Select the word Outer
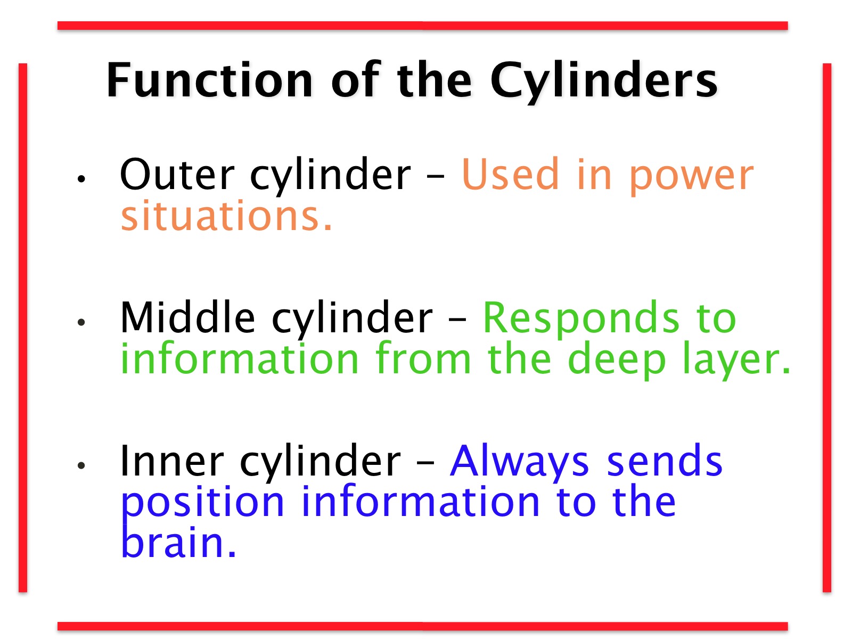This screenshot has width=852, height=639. click(177, 175)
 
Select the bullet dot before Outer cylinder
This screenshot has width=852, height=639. click(81, 178)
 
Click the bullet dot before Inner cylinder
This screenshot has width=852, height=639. click(81, 465)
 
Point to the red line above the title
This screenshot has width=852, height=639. click(423, 26)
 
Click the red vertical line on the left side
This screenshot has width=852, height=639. click(23, 327)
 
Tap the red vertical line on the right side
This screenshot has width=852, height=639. click(827, 327)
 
